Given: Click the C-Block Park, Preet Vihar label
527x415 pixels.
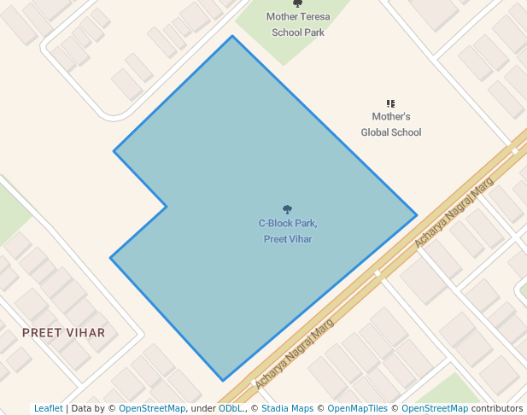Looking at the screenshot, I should tap(288, 231).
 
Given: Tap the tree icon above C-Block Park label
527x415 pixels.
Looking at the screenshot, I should tap(288, 209).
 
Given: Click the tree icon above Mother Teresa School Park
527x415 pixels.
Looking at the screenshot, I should tap(297, 3).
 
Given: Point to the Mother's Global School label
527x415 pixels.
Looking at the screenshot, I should tap(391, 125).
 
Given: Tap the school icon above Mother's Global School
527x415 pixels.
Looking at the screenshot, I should tap(391, 103).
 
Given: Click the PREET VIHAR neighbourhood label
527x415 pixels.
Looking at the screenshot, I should tap(64, 333).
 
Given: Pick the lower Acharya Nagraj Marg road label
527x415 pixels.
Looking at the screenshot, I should tap(294, 354).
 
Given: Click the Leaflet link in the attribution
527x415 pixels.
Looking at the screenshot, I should tap(48, 409).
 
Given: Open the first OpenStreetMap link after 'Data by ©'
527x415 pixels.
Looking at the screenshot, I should tap(151, 409).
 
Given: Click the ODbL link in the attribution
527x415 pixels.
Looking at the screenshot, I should tap(231, 409).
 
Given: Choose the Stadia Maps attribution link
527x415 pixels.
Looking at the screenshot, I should tap(287, 409).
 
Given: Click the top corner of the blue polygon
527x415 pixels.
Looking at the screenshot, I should tap(232, 36).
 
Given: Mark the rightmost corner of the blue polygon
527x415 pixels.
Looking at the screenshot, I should tap(417, 215).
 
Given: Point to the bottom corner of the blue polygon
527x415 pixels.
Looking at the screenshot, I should tap(223, 381).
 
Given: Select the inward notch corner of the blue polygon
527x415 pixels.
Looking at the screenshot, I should tap(167, 206).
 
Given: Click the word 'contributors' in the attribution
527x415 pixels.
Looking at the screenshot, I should tap(497, 409).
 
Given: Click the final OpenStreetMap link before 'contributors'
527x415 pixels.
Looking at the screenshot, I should tap(435, 409).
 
